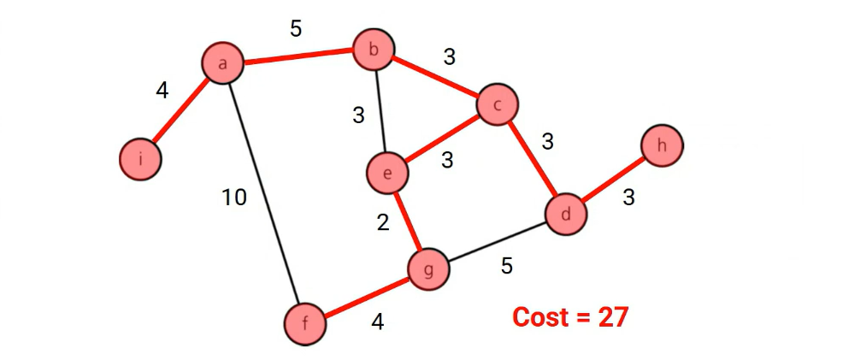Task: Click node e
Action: click(387, 174)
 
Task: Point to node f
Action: click(306, 324)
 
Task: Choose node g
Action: click(428, 270)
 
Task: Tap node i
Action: click(140, 159)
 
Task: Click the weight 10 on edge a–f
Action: click(233, 198)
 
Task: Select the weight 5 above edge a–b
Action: click(296, 29)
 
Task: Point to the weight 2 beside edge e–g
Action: click(383, 223)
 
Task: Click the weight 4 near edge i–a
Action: click(162, 90)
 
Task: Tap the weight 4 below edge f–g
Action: click(377, 322)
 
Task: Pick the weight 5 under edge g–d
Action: click(507, 266)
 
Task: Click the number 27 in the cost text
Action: click(612, 317)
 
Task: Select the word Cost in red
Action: click(540, 317)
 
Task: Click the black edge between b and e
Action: click(380, 111)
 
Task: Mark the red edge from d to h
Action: click(614, 180)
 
